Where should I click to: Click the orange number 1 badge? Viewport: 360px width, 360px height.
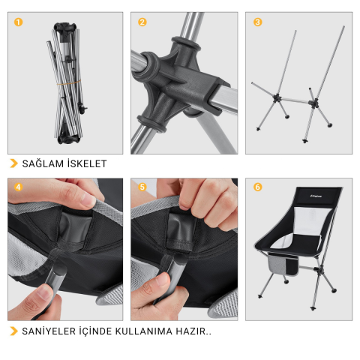18,22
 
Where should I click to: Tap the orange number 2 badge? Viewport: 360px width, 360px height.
142,22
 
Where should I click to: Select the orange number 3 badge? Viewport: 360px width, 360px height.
258,22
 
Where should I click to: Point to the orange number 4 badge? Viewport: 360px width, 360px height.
18,187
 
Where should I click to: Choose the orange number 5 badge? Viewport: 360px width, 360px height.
142,187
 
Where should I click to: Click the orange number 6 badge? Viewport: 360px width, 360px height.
258,187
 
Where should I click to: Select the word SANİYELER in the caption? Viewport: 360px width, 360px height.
51,331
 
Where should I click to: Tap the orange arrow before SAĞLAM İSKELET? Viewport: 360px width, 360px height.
13,163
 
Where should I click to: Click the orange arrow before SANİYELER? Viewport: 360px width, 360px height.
13,331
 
